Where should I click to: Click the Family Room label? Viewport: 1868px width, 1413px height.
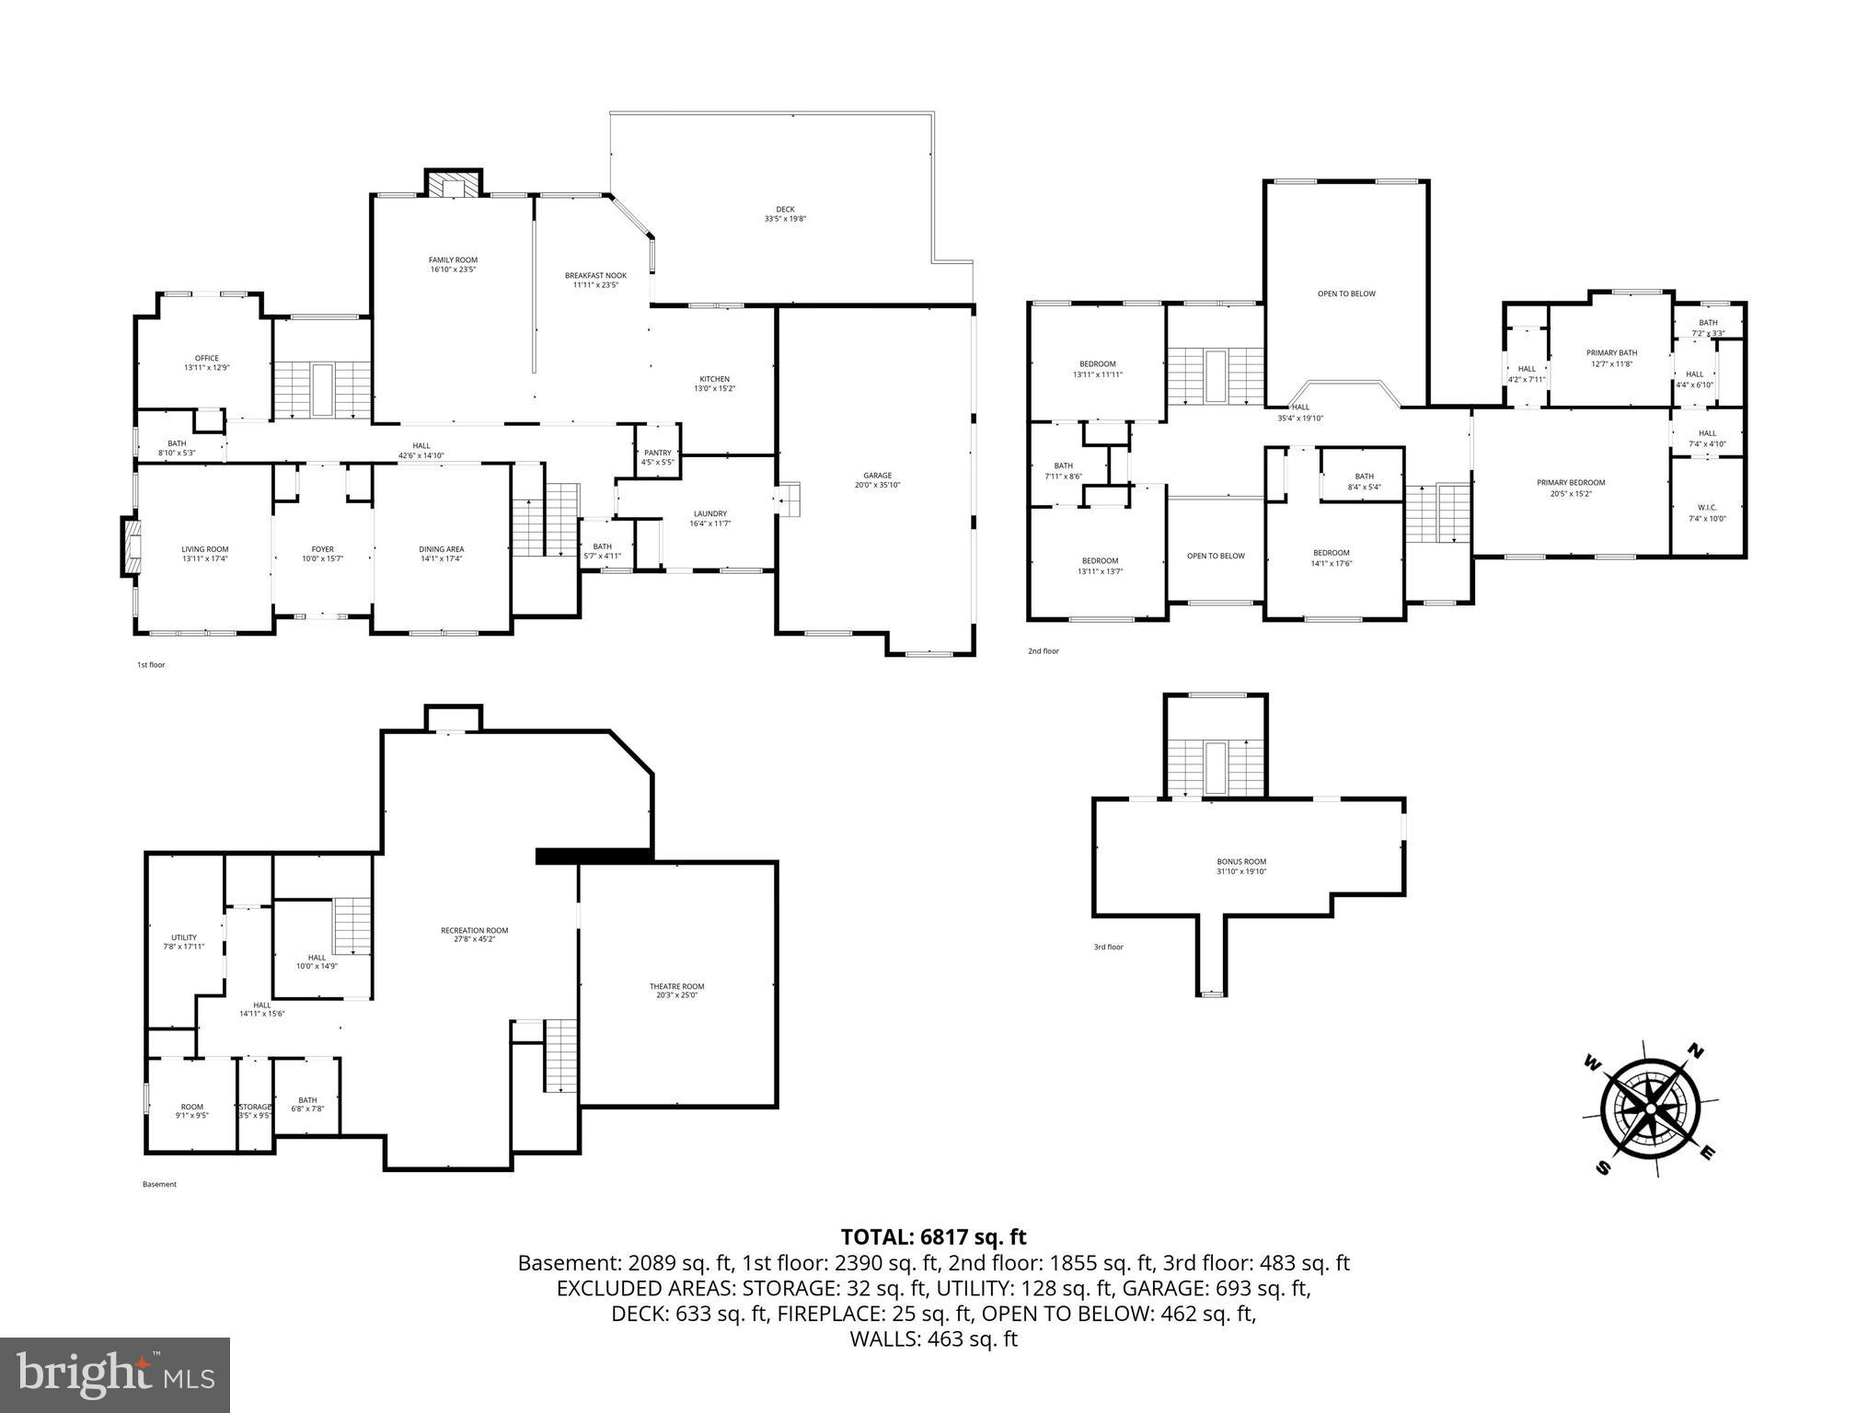(453, 260)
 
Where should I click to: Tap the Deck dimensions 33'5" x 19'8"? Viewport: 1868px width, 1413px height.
(785, 219)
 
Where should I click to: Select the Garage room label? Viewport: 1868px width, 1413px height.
(877, 476)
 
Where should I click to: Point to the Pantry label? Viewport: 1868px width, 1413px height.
(657, 453)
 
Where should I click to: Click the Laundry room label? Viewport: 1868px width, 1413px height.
(709, 514)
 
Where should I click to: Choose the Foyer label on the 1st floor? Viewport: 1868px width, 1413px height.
(322, 549)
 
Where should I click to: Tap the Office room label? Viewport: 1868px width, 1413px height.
(206, 359)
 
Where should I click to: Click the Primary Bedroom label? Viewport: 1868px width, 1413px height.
(1570, 483)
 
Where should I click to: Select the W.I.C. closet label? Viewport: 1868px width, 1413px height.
(1707, 508)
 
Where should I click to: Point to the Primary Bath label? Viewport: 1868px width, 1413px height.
(1611, 353)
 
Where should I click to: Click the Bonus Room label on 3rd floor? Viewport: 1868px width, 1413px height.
(1241, 862)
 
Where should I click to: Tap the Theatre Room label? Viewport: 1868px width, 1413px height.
(676, 987)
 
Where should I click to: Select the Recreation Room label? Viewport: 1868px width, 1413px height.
(474, 930)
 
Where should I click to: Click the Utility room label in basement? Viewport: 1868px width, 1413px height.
(183, 937)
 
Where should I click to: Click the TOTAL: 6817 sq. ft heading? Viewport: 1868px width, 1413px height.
(933, 1237)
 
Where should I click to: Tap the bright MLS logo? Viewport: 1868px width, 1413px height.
(115, 1374)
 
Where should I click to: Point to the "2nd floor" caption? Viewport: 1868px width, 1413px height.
(1043, 651)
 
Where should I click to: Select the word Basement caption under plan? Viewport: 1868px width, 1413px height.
(159, 1185)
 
